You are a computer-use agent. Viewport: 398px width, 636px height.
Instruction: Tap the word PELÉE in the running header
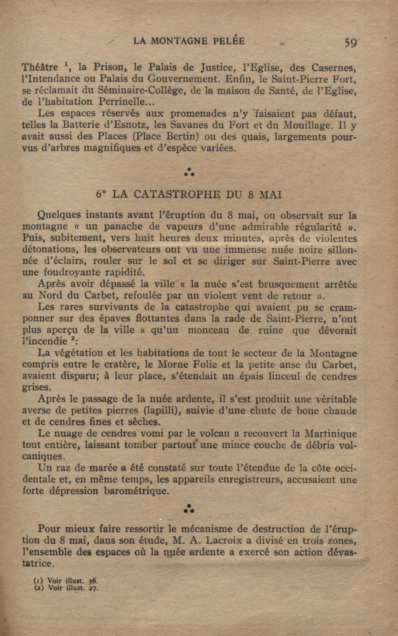228,41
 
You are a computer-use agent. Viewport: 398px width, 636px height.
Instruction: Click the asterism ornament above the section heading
189,172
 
